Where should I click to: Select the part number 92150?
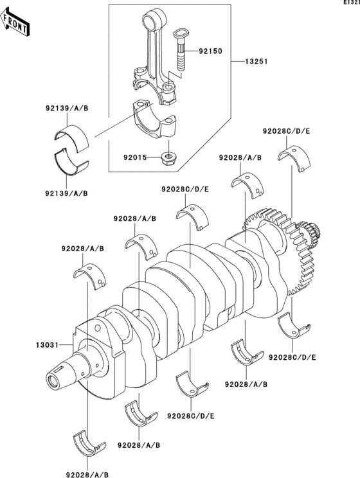(210, 49)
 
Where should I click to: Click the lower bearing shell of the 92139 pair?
(71, 161)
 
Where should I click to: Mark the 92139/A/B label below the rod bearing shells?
(67, 193)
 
